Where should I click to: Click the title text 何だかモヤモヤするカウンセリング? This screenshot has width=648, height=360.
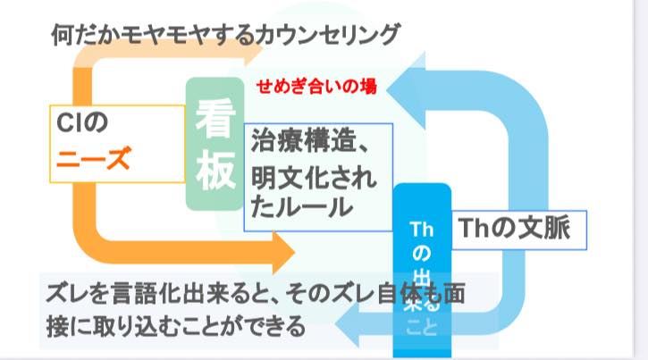pyautogui.click(x=225, y=35)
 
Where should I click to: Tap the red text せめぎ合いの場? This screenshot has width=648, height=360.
pyautogui.click(x=316, y=87)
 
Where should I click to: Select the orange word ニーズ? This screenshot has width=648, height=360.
pyautogui.click(x=94, y=158)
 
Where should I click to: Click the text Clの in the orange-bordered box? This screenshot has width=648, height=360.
pyautogui.click(x=82, y=122)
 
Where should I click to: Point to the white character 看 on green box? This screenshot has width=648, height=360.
pyautogui.click(x=215, y=119)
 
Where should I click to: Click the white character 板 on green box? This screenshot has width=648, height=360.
pyautogui.click(x=215, y=170)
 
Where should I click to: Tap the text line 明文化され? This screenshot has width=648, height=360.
pyautogui.click(x=314, y=178)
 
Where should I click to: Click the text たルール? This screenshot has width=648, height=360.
pyautogui.click(x=301, y=206)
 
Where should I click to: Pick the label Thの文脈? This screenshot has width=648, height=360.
pyautogui.click(x=515, y=228)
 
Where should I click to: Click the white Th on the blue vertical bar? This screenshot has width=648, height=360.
pyautogui.click(x=422, y=230)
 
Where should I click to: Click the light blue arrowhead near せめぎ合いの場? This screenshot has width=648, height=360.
pyautogui.click(x=406, y=90)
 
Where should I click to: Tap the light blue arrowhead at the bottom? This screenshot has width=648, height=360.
pyautogui.click(x=347, y=323)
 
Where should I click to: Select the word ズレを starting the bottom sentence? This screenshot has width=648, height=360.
pyautogui.click(x=77, y=294)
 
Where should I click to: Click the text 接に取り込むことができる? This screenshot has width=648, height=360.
pyautogui.click(x=176, y=327)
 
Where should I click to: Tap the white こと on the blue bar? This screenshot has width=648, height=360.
pyautogui.click(x=422, y=327)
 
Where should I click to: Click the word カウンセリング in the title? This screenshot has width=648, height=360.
pyautogui.click(x=328, y=35)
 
